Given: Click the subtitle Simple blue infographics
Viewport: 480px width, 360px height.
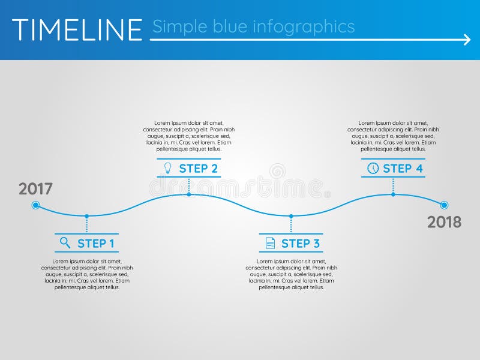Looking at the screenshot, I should (x=253, y=27).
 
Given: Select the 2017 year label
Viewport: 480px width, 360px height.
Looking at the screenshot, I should (x=35, y=189).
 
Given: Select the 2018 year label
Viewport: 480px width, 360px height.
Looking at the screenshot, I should (x=444, y=222).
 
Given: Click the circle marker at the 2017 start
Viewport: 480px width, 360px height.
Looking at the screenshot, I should (x=35, y=205).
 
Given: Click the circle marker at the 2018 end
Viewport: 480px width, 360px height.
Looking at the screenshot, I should (x=444, y=205).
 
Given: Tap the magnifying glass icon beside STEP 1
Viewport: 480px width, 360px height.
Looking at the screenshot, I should (x=65, y=243).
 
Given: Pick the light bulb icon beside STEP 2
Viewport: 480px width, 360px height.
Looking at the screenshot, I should (x=168, y=168).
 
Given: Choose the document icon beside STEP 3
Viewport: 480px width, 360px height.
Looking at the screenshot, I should (x=271, y=243).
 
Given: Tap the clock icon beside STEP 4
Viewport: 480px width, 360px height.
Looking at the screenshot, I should (x=373, y=168).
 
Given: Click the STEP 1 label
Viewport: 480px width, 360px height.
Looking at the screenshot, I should (x=95, y=244).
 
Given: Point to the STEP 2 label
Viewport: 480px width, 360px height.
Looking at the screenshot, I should (x=198, y=169).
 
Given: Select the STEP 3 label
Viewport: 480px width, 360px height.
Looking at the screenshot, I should (x=300, y=244).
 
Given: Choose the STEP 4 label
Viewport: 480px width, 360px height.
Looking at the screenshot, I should (x=403, y=169).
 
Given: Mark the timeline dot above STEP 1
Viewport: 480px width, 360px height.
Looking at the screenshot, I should (x=87, y=216).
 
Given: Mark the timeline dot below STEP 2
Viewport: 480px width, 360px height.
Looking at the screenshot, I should (x=189, y=194).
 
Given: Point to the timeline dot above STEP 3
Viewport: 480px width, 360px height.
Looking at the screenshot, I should (x=291, y=216).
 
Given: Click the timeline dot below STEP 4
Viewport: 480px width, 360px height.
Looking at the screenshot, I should (x=393, y=194).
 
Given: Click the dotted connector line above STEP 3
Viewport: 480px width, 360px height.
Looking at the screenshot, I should (x=291, y=224).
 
